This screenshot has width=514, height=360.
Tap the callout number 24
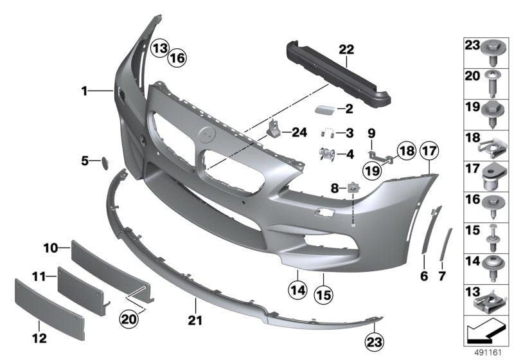click(299, 133)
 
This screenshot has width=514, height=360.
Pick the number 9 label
click(371, 134)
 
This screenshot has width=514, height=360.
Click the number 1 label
click(84, 91)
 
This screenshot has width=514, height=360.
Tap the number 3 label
click(350, 133)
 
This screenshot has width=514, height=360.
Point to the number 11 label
click(39, 277)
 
